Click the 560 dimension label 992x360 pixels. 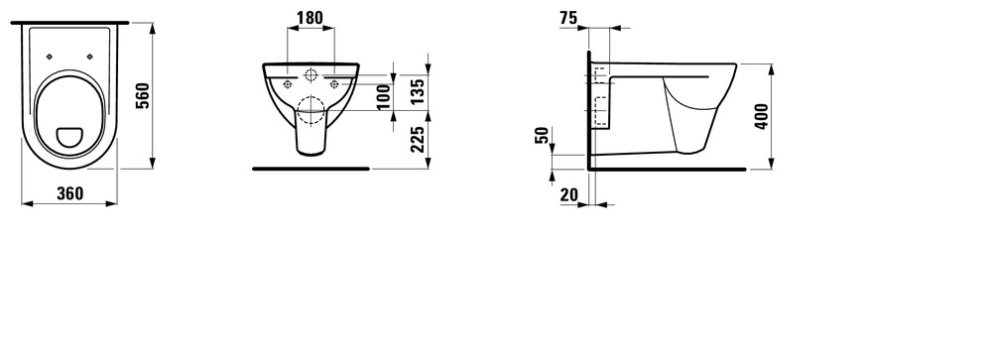(144, 95)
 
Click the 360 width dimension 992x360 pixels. (69, 193)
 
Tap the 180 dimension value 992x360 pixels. (310, 18)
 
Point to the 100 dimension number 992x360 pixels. (384, 97)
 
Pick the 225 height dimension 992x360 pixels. (417, 139)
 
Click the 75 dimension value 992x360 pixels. (568, 19)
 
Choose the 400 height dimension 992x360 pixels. (762, 116)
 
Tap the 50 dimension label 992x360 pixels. (543, 136)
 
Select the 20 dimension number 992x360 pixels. (568, 194)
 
